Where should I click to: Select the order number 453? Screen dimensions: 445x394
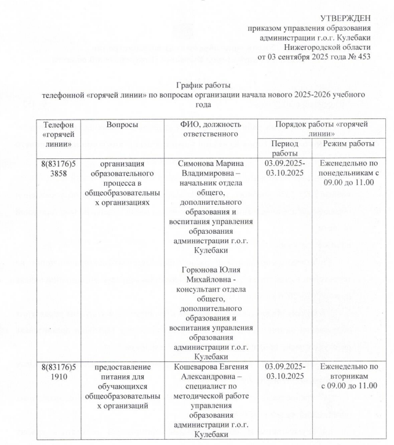click(x=363, y=56)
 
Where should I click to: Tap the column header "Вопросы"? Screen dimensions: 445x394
click(x=122, y=125)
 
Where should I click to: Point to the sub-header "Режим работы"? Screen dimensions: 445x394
click(x=348, y=143)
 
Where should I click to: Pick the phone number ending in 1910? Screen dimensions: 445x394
click(x=59, y=372)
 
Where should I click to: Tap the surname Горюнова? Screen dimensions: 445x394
click(x=194, y=271)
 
